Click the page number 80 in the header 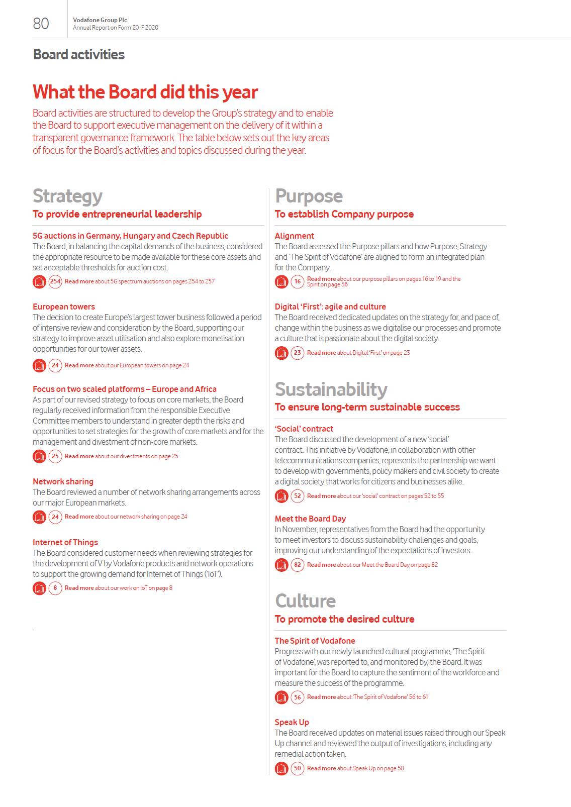[41, 24]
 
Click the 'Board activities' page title [79, 54]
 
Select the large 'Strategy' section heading [67, 196]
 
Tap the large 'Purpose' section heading [309, 196]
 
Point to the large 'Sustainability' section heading [331, 389]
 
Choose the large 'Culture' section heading [305, 601]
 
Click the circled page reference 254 [55, 281]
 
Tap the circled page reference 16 [298, 281]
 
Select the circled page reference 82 [298, 565]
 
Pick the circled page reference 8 [55, 588]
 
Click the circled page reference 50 [298, 768]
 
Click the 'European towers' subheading [64, 307]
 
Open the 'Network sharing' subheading [63, 481]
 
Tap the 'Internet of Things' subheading [65, 542]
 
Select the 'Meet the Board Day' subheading [310, 519]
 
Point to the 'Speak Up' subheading [292, 722]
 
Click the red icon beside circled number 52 [281, 496]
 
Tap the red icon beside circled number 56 [281, 697]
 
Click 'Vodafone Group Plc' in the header [100, 20]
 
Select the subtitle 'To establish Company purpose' [344, 214]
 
